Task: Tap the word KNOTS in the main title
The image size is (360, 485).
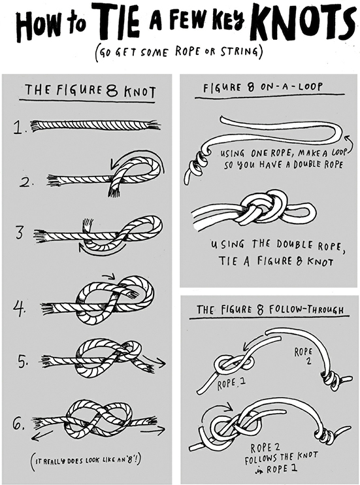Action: coord(302,22)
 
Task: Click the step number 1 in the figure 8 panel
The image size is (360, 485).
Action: coord(19,127)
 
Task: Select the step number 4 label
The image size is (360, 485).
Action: coord(20,309)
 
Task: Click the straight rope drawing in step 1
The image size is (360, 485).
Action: coord(95,125)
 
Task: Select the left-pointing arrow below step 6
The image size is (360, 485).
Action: coord(42,435)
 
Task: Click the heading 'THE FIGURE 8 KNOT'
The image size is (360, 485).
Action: coord(90,91)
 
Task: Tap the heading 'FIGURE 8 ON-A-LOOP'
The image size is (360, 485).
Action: coord(263,87)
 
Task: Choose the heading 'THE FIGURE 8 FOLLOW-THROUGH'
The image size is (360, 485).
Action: coord(270,309)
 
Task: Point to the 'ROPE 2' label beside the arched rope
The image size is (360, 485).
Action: coord(303,355)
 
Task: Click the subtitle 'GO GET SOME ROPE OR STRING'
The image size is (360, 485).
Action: coord(180,52)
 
